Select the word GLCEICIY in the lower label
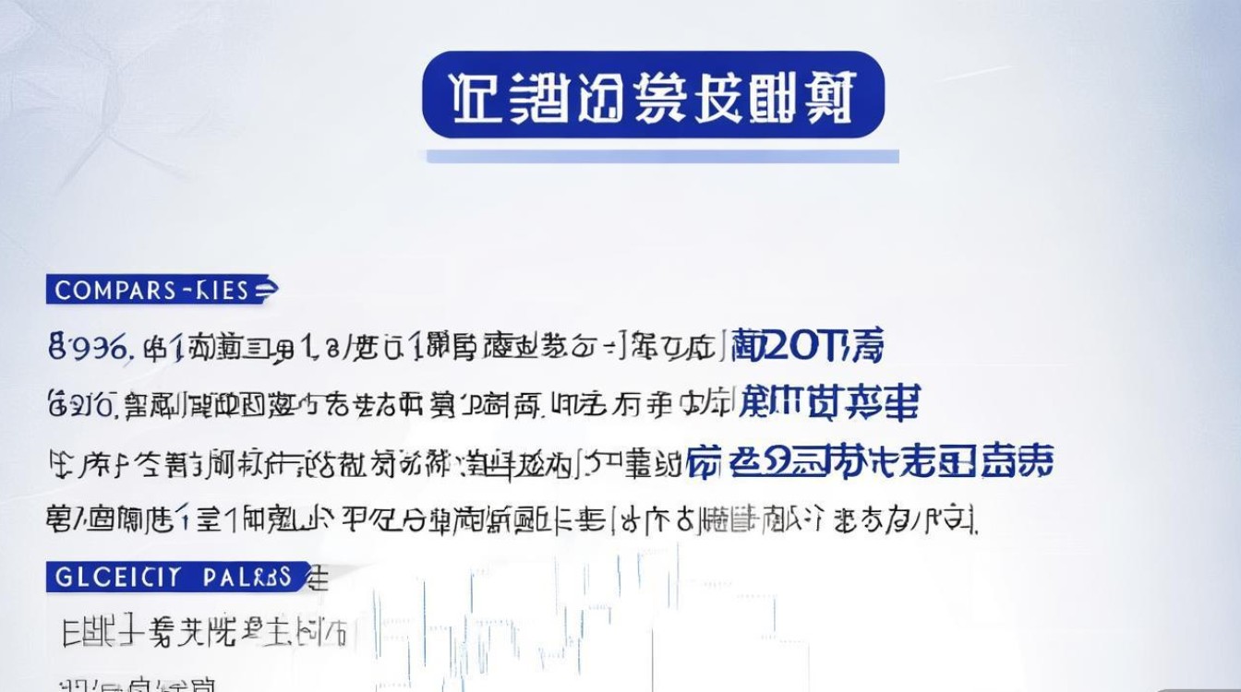(x=115, y=579)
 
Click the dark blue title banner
(x=653, y=95)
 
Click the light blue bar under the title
(x=662, y=157)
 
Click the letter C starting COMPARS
(x=62, y=291)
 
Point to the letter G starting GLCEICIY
(x=63, y=579)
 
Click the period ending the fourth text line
(x=975, y=526)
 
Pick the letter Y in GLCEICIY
(x=170, y=579)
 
